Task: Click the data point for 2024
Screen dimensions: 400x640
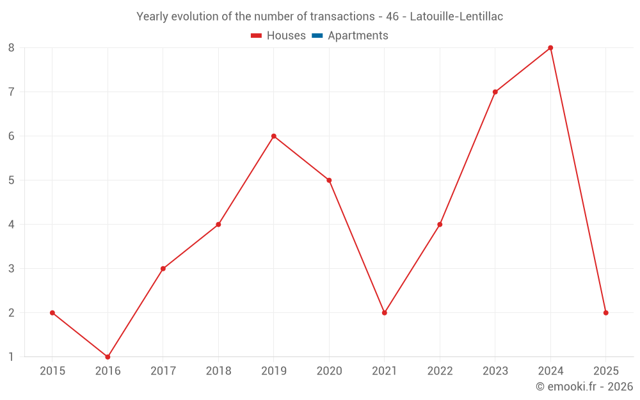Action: [550, 48]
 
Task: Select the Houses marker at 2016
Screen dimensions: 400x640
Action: [108, 356]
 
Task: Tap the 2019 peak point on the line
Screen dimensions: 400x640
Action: [274, 136]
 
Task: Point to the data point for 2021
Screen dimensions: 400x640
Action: [385, 313]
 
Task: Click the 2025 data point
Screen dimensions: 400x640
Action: [605, 313]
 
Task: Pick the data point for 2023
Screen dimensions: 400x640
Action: [495, 92]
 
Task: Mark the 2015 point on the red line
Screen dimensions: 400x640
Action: [52, 313]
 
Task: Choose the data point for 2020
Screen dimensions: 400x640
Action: [329, 180]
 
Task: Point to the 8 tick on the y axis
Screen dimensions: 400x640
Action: [12, 48]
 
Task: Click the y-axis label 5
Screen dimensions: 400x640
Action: [12, 180]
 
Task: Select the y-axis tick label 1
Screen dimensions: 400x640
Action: [12, 356]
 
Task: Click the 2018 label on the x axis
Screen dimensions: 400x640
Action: [218, 371]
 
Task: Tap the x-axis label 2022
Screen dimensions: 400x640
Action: [440, 371]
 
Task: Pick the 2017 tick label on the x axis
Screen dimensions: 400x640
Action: [163, 371]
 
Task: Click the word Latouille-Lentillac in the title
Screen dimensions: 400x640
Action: [456, 17]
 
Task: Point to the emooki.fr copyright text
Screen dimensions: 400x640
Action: [584, 387]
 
